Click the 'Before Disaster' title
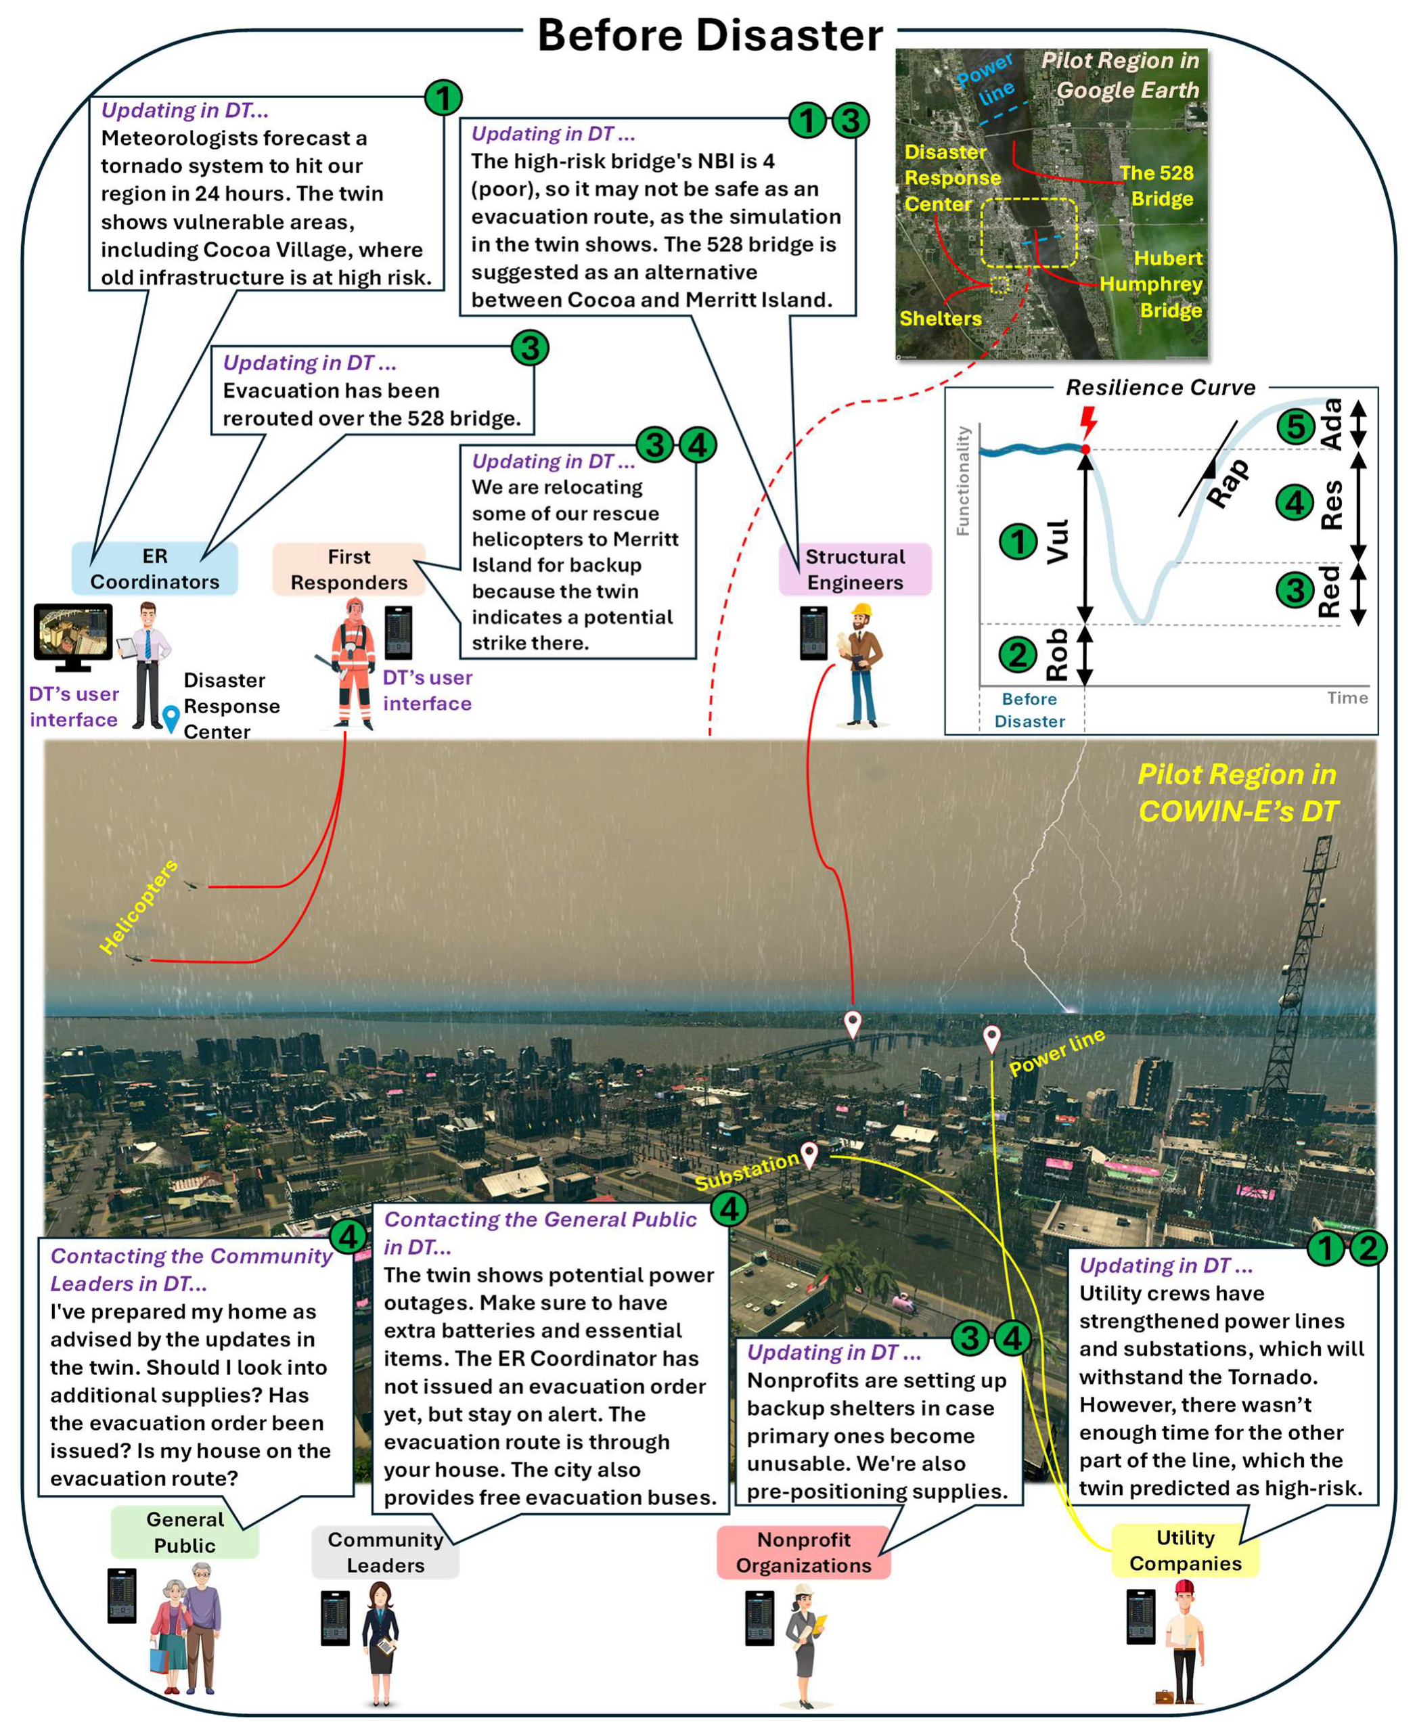coord(709,36)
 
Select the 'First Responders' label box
coord(349,569)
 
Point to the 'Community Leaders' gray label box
coord(385,1552)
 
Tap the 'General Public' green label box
coord(185,1531)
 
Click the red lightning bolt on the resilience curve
coord(1087,422)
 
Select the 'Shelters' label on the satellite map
coord(940,318)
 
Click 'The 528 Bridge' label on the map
coord(1156,186)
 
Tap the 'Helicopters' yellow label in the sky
coord(139,905)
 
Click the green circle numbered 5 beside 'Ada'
coord(1295,426)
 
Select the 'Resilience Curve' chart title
coord(1160,387)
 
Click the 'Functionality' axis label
coord(963,481)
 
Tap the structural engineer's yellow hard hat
coord(861,610)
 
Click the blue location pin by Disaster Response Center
coord(171,718)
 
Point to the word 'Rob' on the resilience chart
coord(1056,654)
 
